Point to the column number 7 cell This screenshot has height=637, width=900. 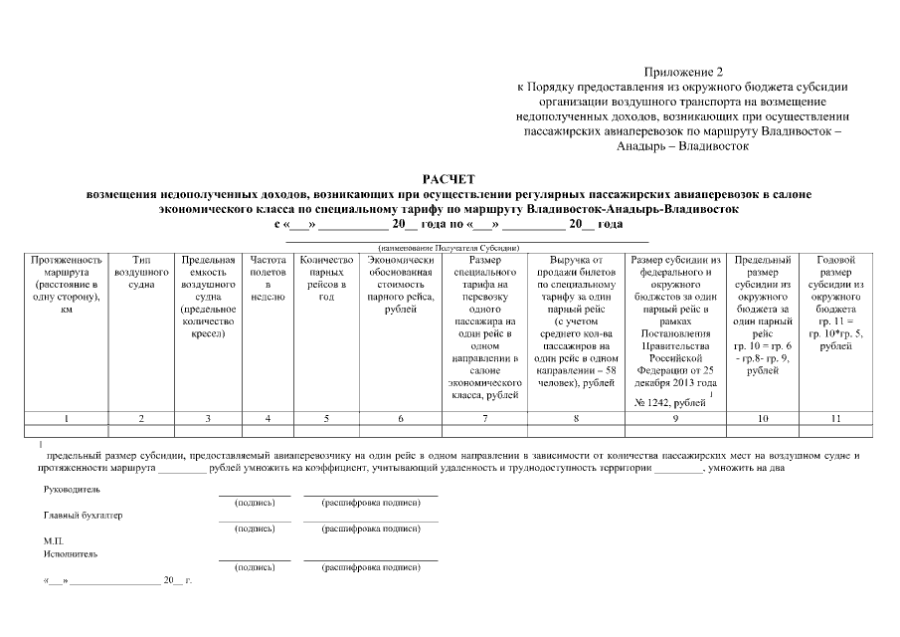click(x=484, y=417)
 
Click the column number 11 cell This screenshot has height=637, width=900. click(x=835, y=417)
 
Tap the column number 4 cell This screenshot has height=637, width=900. click(x=269, y=417)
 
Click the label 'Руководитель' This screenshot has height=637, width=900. click(x=72, y=490)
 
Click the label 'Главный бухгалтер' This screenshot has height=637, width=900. click(x=84, y=516)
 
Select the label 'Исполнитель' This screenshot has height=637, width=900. click(x=70, y=552)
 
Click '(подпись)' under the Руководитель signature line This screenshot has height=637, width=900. click(x=254, y=505)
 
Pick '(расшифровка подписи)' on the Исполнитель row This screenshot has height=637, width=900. click(x=370, y=567)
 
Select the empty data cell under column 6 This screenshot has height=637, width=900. click(x=399, y=432)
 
